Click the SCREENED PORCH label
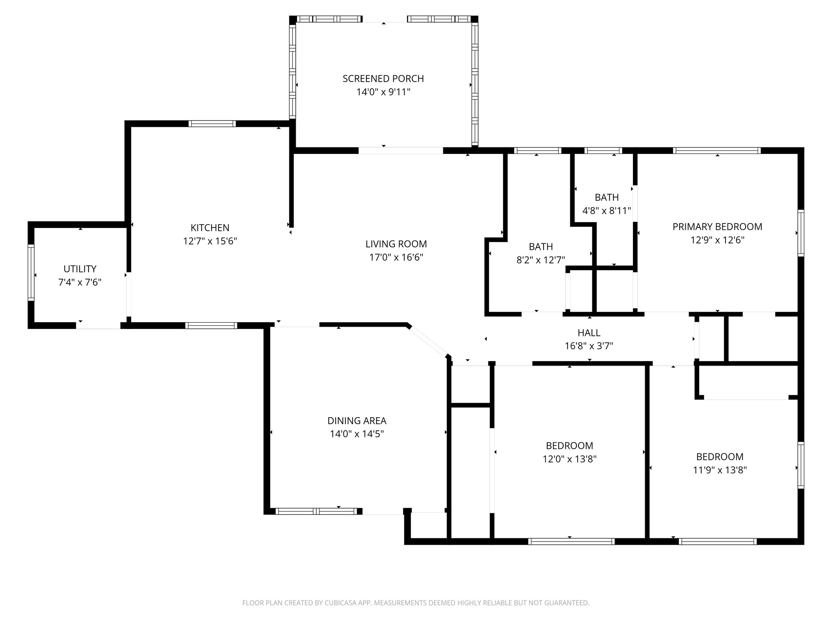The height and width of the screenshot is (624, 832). [x=383, y=78]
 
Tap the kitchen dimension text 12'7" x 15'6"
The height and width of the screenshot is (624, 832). [x=210, y=241]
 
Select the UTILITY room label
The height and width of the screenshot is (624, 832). [x=80, y=269]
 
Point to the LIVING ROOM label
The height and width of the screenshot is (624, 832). [x=396, y=244]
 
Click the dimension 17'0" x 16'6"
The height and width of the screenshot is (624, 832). [x=396, y=258]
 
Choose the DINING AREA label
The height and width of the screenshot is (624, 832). [x=357, y=421]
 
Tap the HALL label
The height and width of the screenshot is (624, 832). [x=589, y=333]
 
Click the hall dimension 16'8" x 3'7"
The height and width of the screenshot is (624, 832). [x=589, y=346]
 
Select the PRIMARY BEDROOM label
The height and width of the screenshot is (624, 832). [x=717, y=227]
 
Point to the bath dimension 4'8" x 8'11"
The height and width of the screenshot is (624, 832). [x=607, y=211]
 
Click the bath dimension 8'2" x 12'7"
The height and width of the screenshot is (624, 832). [x=541, y=260]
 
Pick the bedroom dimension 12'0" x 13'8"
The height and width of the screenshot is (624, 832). [x=570, y=459]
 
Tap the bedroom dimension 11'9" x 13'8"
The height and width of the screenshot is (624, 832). [x=720, y=470]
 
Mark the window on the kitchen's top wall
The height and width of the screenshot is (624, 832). [x=212, y=124]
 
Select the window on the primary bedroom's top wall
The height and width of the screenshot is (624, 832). [x=717, y=151]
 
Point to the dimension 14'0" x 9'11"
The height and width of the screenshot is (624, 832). [x=383, y=92]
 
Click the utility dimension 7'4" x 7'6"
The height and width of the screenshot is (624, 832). [x=80, y=282]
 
